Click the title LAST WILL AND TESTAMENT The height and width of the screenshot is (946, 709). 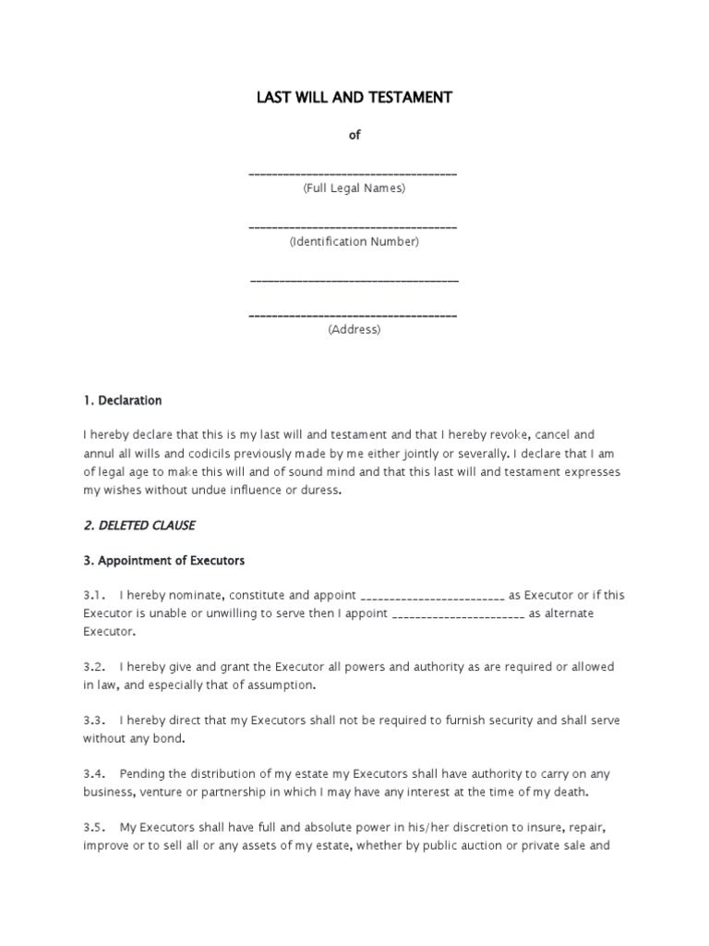354,97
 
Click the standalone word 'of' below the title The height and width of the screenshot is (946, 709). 354,135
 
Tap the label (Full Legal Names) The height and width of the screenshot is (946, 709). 354,188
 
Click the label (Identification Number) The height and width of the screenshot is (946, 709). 354,242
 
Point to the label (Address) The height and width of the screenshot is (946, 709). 354,330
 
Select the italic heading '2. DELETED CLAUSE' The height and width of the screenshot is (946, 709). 138,526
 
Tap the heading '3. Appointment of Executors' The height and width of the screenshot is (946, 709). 163,561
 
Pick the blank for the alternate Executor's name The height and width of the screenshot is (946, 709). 459,615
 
